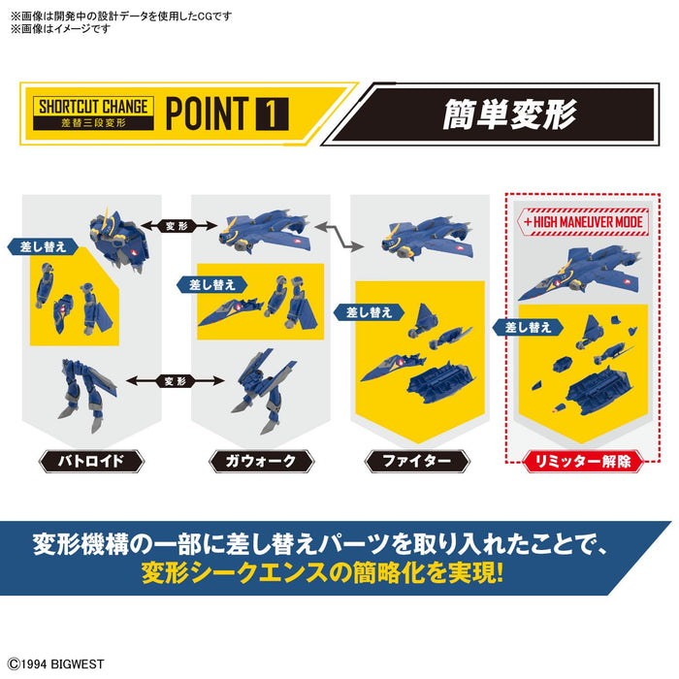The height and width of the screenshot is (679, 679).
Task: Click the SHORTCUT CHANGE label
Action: (92, 106)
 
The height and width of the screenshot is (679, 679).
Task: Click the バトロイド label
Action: (92, 461)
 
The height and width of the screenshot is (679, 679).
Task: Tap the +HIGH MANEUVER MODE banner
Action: (583, 220)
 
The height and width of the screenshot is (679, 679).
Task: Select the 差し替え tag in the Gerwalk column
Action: (210, 284)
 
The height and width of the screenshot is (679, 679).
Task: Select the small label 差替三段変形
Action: (92, 121)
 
